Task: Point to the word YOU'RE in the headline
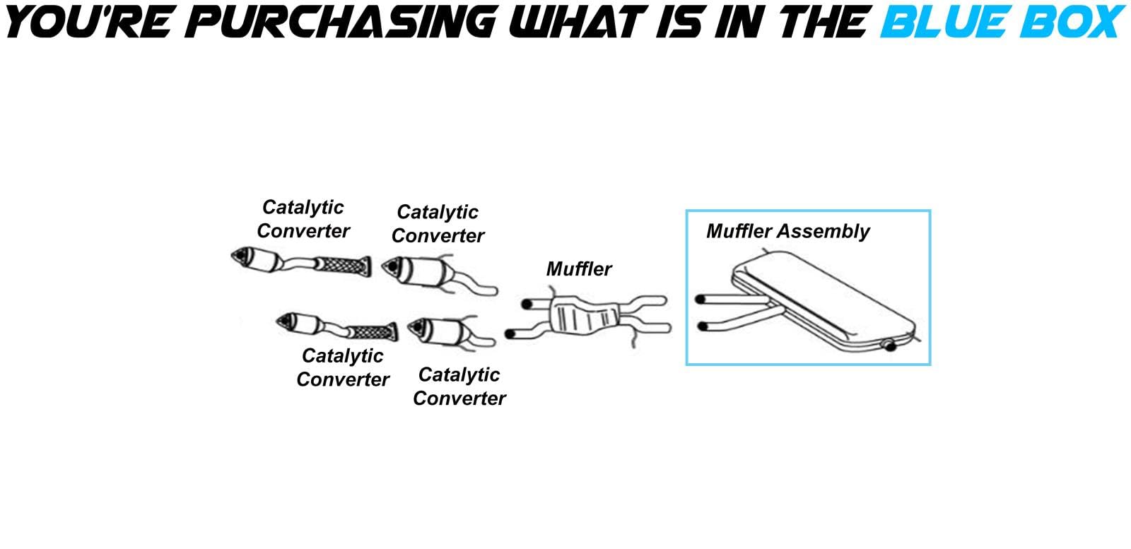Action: (x=88, y=21)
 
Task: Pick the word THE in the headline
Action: (x=823, y=21)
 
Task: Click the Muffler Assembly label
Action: (x=787, y=232)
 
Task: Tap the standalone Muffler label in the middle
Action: (x=579, y=269)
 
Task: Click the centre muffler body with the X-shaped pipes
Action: (x=584, y=315)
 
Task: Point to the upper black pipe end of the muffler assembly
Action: (x=700, y=300)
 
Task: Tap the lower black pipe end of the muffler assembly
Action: (x=701, y=326)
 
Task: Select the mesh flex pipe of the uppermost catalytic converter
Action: (x=343, y=266)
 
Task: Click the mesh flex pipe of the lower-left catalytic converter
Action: (x=373, y=331)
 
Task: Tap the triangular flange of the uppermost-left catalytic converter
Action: (x=242, y=258)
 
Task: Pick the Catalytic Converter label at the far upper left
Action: (x=303, y=219)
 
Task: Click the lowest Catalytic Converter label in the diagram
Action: (x=459, y=386)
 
